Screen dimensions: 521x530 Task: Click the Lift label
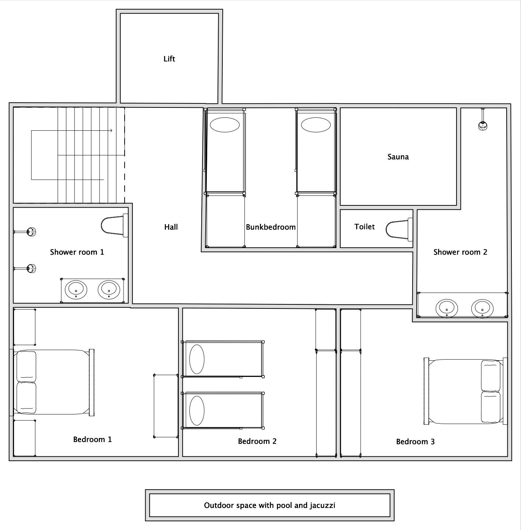(169, 59)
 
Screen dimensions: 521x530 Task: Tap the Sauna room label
(398, 157)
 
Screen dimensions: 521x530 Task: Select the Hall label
(171, 227)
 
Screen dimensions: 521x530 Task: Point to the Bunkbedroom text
(271, 227)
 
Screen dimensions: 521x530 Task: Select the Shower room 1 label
(77, 252)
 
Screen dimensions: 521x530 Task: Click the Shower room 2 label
(460, 252)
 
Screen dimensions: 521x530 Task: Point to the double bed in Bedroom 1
(54, 382)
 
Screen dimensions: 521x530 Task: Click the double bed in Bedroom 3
(466, 391)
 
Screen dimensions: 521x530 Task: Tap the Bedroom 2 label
(257, 441)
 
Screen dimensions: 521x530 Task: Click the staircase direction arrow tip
(112, 130)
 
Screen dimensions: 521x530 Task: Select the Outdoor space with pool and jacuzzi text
(269, 505)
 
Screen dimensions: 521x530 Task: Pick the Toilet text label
(364, 227)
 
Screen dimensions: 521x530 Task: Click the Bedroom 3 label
(415, 442)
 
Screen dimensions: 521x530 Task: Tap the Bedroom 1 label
(92, 439)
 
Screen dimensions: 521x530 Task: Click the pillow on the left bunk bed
(225, 125)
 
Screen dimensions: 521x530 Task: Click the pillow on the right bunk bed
(316, 125)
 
